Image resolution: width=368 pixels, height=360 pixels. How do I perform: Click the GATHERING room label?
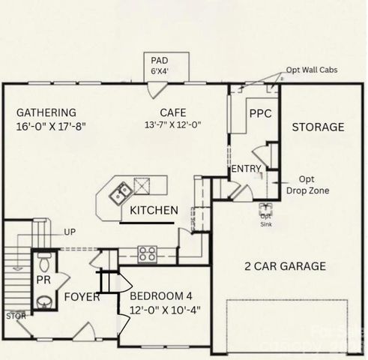tap(46, 113)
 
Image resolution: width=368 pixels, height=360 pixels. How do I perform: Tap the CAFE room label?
tap(172, 113)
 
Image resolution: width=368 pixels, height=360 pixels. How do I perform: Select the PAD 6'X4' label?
tap(160, 65)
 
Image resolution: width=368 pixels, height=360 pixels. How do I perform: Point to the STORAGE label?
tap(318, 127)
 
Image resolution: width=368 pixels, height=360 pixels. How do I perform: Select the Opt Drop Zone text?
tap(307, 185)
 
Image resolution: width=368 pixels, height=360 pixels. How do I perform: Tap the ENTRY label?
tap(245, 169)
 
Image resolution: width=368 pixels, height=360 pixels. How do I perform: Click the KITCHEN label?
tap(154, 211)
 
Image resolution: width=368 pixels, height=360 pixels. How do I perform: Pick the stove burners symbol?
tap(147, 253)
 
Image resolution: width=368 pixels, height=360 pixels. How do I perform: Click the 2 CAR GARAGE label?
tap(285, 265)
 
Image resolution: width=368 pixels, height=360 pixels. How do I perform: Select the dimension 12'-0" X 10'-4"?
tap(166, 309)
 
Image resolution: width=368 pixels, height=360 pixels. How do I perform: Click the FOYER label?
tap(82, 297)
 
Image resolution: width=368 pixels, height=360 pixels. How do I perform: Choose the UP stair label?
tap(70, 232)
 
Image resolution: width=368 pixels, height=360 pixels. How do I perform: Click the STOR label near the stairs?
tap(16, 316)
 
